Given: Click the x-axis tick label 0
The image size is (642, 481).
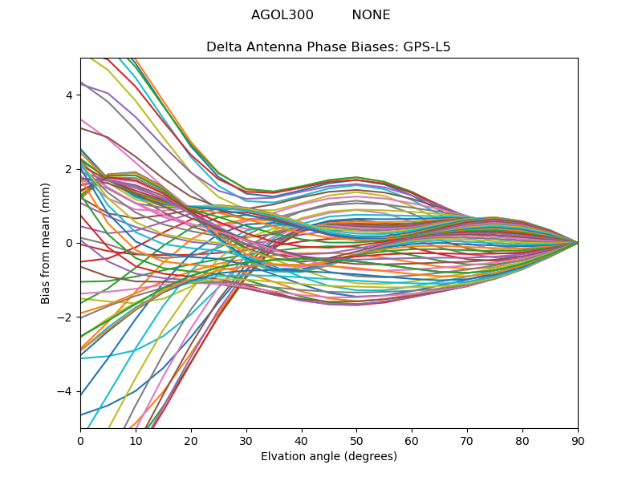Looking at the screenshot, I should click(x=80, y=440).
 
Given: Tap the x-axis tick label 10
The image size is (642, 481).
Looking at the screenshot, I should click(x=136, y=440).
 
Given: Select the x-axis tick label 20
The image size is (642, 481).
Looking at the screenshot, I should click(x=191, y=440).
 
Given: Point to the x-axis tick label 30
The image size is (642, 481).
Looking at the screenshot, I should click(x=246, y=440).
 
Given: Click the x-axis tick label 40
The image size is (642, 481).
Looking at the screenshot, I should click(x=302, y=440).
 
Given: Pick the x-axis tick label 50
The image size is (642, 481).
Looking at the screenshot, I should click(x=356, y=440).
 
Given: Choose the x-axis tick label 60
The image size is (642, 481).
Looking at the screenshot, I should click(x=412, y=440).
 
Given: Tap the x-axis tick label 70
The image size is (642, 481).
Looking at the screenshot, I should click(x=467, y=440).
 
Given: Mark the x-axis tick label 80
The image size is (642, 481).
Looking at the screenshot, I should click(x=522, y=440).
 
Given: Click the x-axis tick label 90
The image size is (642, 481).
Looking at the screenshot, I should click(x=578, y=440).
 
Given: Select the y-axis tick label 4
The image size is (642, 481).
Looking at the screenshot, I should click(x=69, y=95).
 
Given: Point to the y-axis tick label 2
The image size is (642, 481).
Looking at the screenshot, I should click(x=69, y=169).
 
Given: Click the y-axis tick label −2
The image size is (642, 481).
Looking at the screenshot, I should click(x=66, y=317).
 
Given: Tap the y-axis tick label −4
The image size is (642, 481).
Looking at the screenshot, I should click(x=66, y=391).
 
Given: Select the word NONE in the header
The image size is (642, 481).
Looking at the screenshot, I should click(x=371, y=15).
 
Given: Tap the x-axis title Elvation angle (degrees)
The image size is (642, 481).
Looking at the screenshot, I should click(x=329, y=456).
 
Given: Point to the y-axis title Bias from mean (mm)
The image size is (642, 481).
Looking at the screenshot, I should click(x=46, y=243).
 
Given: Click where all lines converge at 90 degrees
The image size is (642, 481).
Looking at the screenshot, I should click(x=577, y=243).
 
